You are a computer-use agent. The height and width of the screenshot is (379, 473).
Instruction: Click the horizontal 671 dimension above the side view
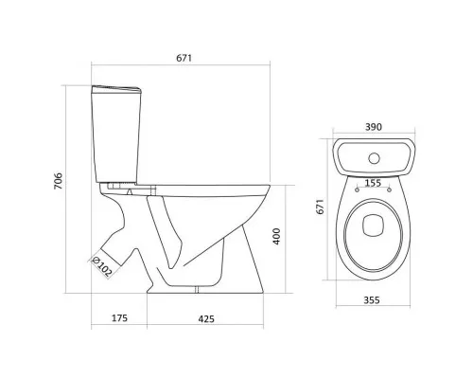click(184, 58)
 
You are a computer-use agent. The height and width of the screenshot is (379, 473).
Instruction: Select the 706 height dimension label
click(59, 181)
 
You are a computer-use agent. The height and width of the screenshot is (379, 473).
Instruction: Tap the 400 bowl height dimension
click(276, 236)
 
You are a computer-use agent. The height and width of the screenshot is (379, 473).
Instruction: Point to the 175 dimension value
click(120, 317)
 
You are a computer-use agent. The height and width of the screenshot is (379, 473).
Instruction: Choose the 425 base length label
click(206, 319)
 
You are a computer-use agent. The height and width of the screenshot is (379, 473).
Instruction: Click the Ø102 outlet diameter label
click(101, 267)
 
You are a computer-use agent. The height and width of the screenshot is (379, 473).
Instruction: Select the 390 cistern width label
click(374, 127)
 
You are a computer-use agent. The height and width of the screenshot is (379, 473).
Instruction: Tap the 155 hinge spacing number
click(373, 183)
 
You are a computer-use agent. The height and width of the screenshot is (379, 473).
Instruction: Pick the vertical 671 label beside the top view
click(320, 207)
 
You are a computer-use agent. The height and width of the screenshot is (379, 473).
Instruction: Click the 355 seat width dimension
click(372, 300)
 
